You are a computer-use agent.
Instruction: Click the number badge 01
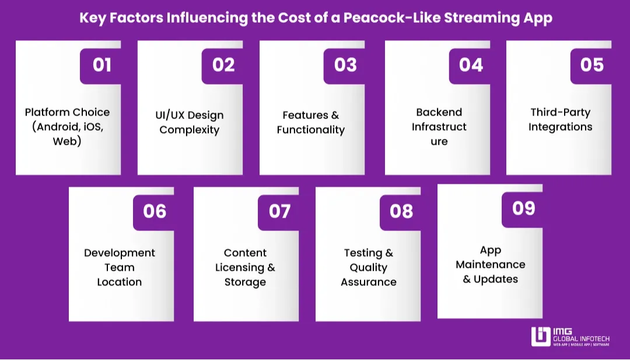click(x=101, y=64)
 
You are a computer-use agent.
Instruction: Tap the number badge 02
click(x=223, y=64)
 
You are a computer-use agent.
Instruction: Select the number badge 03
click(x=345, y=64)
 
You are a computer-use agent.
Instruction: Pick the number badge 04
click(x=471, y=64)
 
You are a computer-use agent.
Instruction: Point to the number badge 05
click(x=592, y=64)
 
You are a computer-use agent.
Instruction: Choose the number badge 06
click(x=155, y=211)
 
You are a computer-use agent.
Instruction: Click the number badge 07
click(x=279, y=211)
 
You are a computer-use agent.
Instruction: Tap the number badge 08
click(x=401, y=211)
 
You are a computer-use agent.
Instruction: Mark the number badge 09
click(x=523, y=208)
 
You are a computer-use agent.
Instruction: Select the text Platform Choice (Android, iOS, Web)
click(x=67, y=127)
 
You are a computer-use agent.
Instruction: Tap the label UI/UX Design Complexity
click(x=190, y=123)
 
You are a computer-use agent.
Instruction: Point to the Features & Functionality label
click(x=311, y=123)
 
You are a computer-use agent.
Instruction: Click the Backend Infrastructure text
click(x=439, y=127)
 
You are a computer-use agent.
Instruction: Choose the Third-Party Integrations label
click(x=561, y=120)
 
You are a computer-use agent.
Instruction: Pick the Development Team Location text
click(x=120, y=267)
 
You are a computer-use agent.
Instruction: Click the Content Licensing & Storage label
click(x=245, y=267)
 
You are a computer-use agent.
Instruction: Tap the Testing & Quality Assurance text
click(x=369, y=267)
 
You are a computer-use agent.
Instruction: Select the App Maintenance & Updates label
click(x=491, y=264)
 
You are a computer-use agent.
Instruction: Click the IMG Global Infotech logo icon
click(x=540, y=337)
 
